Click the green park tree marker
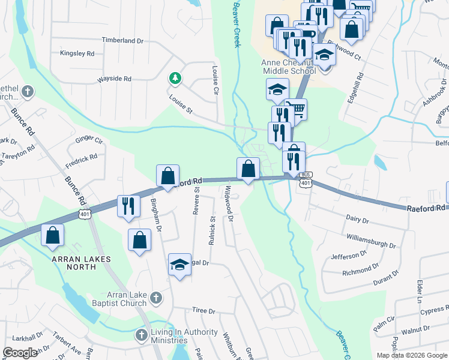click(x=175, y=78)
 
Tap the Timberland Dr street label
click(x=123, y=41)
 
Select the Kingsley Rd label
click(x=77, y=53)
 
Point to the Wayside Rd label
click(x=115, y=79)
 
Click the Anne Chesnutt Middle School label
click(x=288, y=67)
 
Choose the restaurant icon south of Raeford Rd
click(x=127, y=206)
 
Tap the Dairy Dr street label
click(x=357, y=220)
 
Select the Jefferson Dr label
click(x=348, y=256)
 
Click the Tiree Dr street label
click(x=203, y=311)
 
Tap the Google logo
click(x=20, y=353)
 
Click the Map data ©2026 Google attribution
click(x=411, y=355)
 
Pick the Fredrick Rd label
click(x=81, y=161)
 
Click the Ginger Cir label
click(x=89, y=140)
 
